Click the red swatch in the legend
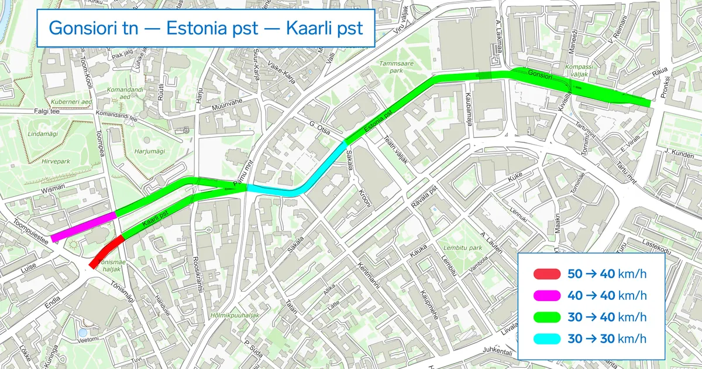point(546,274)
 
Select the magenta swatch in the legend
point(546,295)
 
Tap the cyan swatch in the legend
point(546,339)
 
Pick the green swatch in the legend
point(546,317)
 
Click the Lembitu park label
point(462,247)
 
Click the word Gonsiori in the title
point(93,28)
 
